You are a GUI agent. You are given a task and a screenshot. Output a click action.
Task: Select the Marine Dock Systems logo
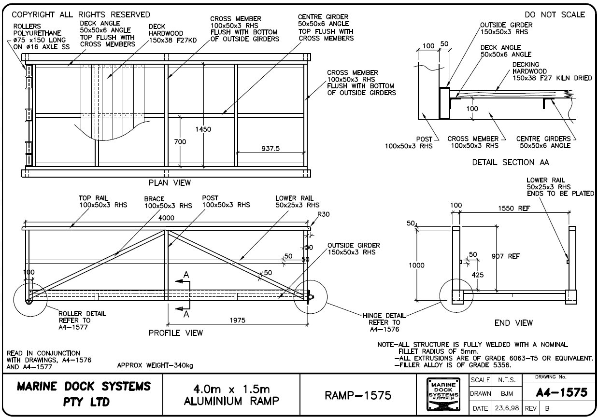(442, 394)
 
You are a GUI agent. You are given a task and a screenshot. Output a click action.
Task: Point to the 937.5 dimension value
(270, 149)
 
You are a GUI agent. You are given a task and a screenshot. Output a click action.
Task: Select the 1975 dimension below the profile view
(237, 320)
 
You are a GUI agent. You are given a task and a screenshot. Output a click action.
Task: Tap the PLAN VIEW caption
(170, 183)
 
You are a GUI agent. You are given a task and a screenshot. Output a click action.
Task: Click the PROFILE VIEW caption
(175, 333)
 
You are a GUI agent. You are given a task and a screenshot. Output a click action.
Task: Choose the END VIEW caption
(513, 322)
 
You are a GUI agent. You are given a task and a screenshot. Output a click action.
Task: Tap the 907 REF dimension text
(506, 256)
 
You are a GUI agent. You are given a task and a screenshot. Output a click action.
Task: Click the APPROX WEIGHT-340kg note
(155, 365)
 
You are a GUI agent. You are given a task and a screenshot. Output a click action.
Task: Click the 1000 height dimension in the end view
(416, 265)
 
